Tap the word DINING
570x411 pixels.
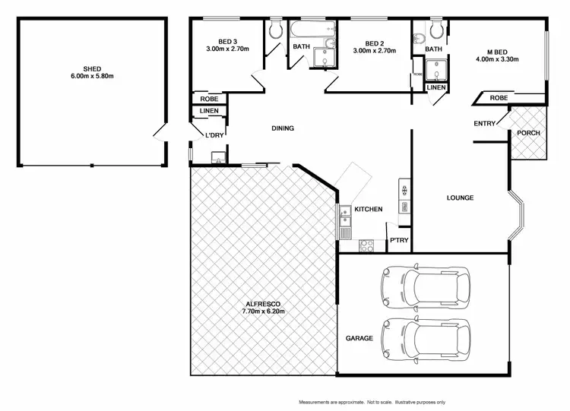pos(283,128)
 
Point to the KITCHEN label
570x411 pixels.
pos(368,210)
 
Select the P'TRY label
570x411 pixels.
pos(399,242)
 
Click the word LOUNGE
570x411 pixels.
pos(460,198)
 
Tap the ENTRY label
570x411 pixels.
pos(484,124)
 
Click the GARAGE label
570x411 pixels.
pos(359,338)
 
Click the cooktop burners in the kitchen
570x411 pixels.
pos(366,245)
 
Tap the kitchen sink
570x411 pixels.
pos(344,217)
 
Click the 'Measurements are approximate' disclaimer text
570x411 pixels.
pos(372,402)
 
